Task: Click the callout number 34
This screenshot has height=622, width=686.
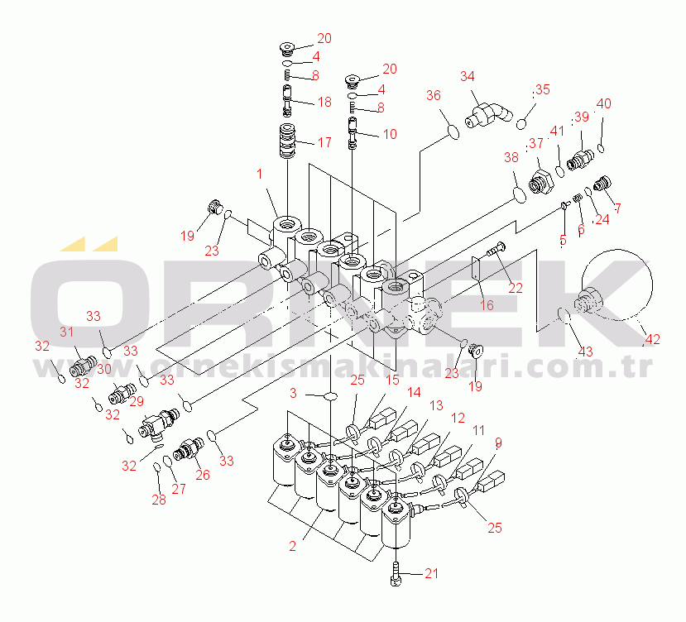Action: click(x=468, y=77)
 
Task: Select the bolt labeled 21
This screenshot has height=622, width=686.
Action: click(x=397, y=573)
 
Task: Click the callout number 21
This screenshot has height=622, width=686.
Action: click(x=432, y=573)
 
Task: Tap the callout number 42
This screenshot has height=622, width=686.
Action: click(x=654, y=337)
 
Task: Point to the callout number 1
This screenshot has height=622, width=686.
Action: click(x=259, y=175)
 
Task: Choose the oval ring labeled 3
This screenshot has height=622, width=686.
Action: click(x=329, y=397)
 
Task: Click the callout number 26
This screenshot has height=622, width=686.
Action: click(x=202, y=475)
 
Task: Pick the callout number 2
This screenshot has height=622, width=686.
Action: click(x=290, y=545)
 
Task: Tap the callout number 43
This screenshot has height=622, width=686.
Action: click(x=585, y=351)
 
